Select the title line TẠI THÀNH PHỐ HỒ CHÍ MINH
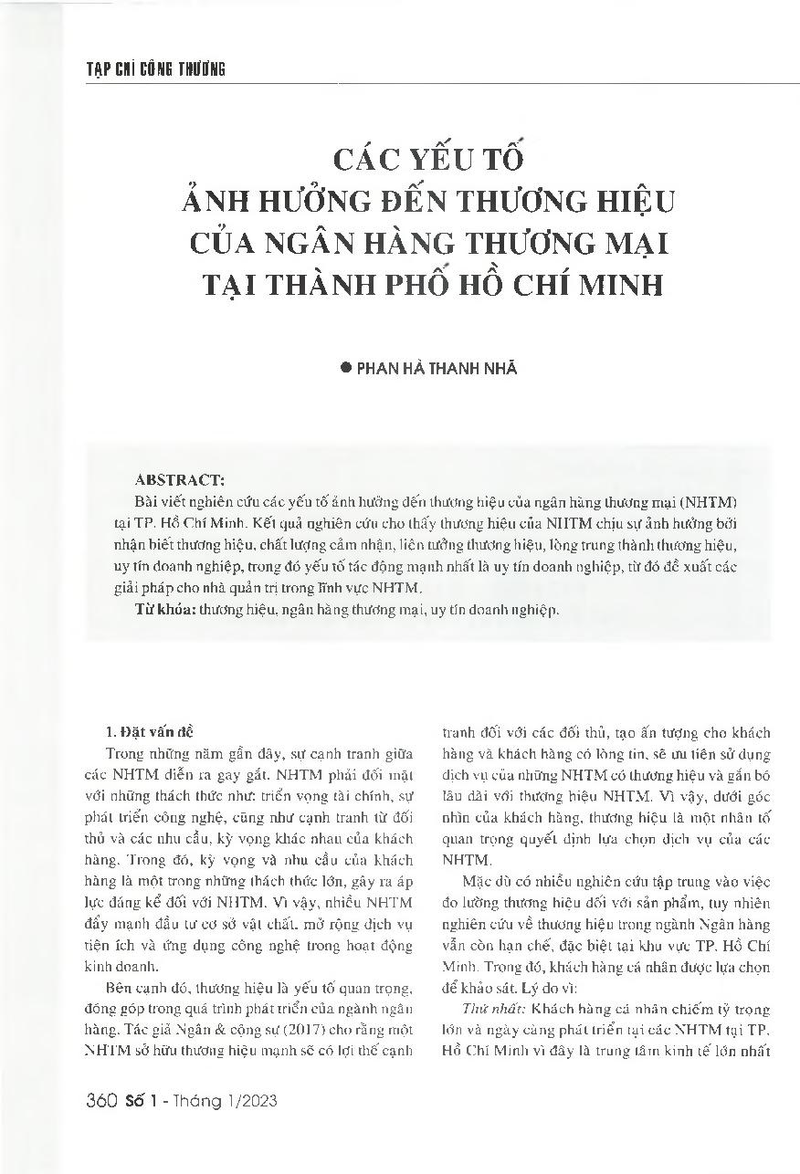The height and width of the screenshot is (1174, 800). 433,282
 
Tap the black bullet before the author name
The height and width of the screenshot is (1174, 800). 345,368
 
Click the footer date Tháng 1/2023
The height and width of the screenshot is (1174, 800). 235,1101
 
